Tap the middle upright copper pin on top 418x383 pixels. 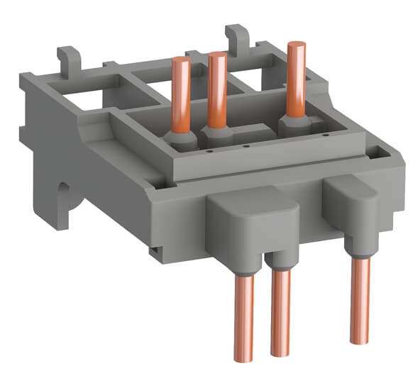216,89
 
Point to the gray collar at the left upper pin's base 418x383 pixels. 179,138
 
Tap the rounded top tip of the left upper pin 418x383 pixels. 181,61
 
